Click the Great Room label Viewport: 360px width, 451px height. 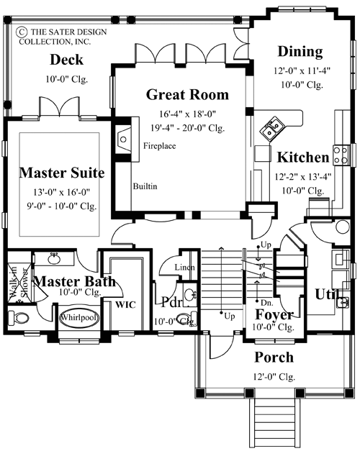187,94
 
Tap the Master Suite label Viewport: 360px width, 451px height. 62,173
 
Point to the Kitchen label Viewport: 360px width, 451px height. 303,157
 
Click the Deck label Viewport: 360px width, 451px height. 66,60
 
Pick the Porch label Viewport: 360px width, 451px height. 274,357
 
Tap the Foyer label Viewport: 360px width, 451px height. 274,315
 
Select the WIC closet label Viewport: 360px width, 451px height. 127,304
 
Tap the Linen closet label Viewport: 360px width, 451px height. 184,268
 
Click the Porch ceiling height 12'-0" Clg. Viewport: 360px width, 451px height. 274,375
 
